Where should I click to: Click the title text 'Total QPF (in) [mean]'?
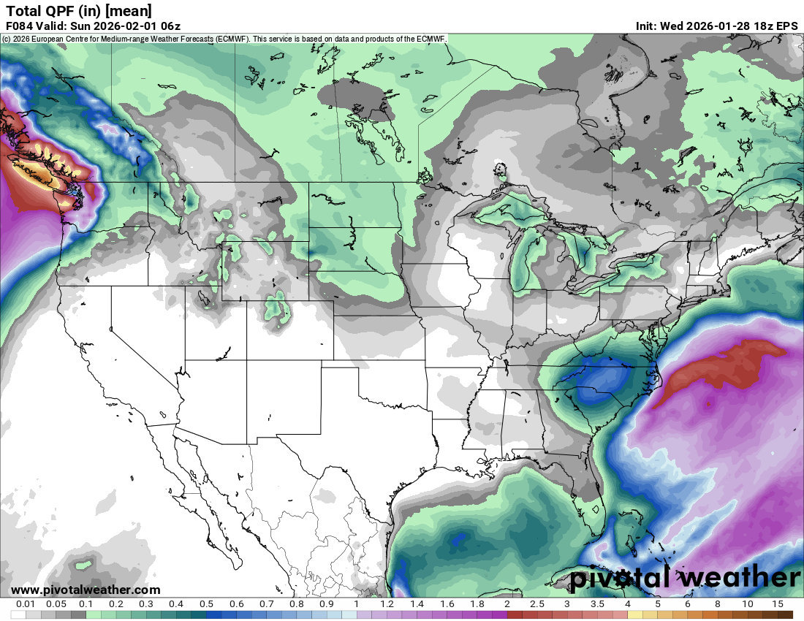pyautogui.click(x=79, y=10)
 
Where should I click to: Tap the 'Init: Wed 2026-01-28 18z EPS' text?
pyautogui.click(x=716, y=26)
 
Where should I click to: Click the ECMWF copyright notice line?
pyautogui.click(x=224, y=38)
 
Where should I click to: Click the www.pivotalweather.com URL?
pyautogui.click(x=86, y=590)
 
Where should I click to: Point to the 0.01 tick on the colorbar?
pyautogui.click(x=26, y=604)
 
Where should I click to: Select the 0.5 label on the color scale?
pyautogui.click(x=207, y=604)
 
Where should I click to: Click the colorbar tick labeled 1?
pyautogui.click(x=357, y=604)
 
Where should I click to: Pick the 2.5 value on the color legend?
pyautogui.click(x=537, y=604)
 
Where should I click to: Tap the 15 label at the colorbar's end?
pyautogui.click(x=778, y=604)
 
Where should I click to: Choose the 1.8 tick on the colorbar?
pyautogui.click(x=477, y=604)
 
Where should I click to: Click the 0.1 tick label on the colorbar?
pyautogui.click(x=86, y=604)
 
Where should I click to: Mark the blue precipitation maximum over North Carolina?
pyautogui.click(x=601, y=384)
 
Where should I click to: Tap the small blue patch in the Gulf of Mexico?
pyautogui.click(x=458, y=541)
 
